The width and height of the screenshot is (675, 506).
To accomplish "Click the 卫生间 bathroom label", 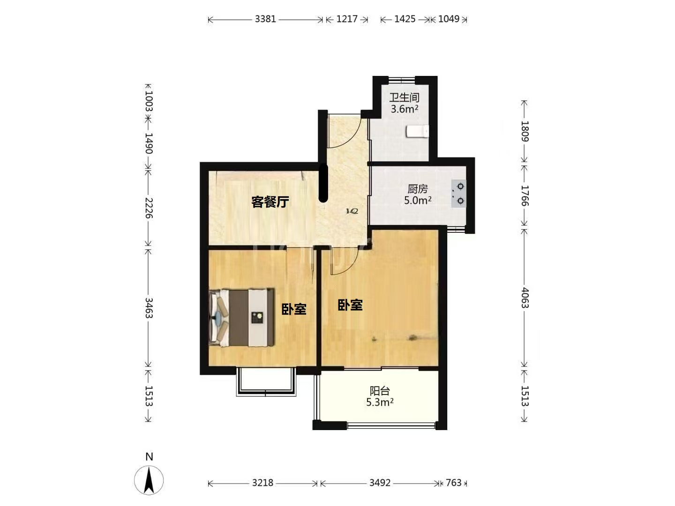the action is click(404, 98).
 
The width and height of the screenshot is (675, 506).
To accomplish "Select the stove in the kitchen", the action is click(458, 193).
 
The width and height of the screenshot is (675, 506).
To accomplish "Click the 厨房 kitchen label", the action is click(417, 189).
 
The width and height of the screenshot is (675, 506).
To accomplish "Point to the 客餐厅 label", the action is click(270, 202).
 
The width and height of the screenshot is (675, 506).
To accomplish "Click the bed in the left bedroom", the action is click(241, 317).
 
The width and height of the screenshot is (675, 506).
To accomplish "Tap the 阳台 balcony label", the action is click(380, 391).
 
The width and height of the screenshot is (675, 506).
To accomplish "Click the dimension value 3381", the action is click(265, 19).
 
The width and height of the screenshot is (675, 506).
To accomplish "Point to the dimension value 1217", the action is click(347, 19).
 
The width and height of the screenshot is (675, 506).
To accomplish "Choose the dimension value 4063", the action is click(525, 298).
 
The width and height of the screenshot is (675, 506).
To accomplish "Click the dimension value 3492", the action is click(380, 483).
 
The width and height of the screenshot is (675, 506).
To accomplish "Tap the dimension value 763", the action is click(454, 483).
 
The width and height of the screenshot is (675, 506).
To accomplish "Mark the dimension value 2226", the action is click(149, 208).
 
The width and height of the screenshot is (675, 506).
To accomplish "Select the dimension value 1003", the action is click(149, 101).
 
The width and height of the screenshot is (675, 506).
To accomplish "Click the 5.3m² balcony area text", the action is click(380, 402).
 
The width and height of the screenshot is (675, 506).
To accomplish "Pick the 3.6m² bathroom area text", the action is click(404, 109).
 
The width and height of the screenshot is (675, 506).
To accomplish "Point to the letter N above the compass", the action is click(149, 457).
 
